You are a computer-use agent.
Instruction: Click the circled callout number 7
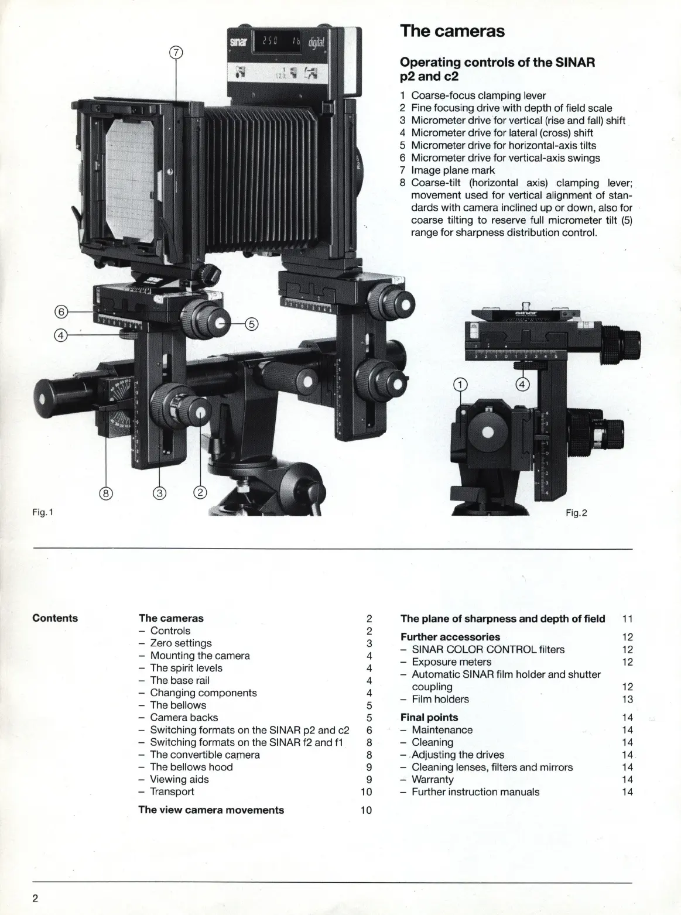coord(176,53)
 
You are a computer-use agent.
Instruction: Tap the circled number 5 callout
coord(251,323)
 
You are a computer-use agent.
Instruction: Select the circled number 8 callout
coord(106,493)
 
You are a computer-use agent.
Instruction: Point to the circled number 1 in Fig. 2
coord(461,385)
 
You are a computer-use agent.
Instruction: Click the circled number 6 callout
coord(63,311)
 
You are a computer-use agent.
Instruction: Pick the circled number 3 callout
coord(159,493)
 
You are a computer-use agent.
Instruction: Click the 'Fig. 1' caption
coord(43,512)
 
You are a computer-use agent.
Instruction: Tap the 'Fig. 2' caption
coord(576,513)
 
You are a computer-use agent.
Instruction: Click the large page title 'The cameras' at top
coord(452,31)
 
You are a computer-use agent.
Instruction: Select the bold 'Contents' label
coord(55,618)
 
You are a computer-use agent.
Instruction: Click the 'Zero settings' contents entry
coord(180,643)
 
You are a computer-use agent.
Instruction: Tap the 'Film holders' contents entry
coord(440,699)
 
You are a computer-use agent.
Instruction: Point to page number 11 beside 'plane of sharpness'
coord(627,618)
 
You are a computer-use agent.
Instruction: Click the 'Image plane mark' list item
coord(453,170)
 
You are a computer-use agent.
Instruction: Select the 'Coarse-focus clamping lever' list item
coord(478,95)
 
